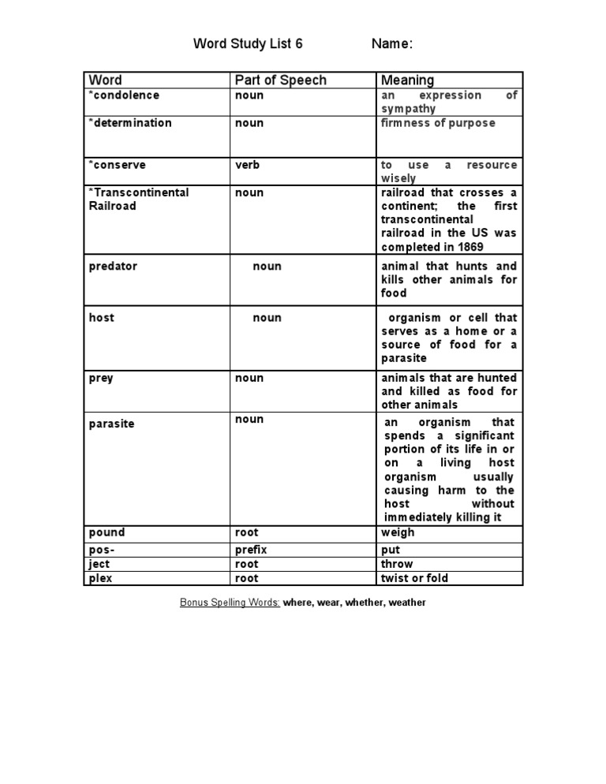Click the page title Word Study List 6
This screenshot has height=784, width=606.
248,44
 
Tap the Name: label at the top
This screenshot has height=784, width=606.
392,44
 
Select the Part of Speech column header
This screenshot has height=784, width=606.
280,80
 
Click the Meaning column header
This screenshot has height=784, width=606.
407,80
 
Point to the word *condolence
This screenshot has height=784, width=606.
124,95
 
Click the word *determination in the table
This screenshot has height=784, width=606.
130,123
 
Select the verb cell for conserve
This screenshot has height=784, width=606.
247,165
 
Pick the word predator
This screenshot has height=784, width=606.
113,267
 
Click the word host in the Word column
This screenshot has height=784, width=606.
102,318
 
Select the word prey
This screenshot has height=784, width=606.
101,379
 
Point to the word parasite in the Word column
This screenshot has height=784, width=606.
111,424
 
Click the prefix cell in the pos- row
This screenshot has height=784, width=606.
251,550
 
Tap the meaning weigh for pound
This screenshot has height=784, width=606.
398,533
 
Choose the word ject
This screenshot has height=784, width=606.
99,564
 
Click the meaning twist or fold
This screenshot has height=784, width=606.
414,578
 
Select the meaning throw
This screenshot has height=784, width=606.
397,564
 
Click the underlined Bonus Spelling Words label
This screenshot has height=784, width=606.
230,603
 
